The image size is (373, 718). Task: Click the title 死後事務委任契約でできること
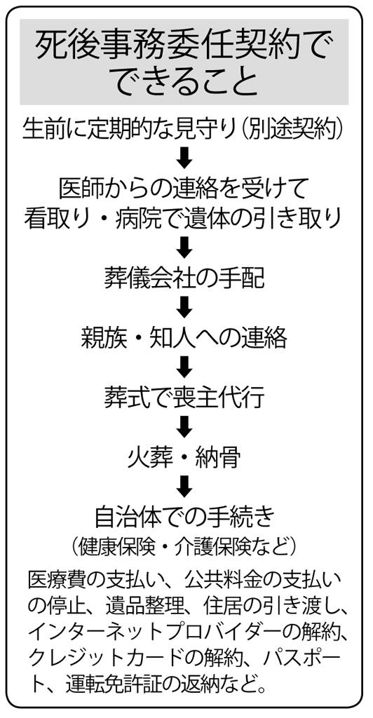point(184,62)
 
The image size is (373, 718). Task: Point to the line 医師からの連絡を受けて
point(184,187)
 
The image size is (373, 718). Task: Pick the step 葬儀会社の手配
point(184,278)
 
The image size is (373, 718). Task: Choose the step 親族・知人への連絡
point(184,338)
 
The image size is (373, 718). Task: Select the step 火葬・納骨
point(184,457)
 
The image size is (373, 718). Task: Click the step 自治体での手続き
point(184,517)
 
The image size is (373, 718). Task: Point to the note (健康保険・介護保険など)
point(184,546)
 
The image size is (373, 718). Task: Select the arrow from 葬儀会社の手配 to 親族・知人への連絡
point(184,308)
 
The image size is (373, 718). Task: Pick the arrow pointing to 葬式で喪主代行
point(184,367)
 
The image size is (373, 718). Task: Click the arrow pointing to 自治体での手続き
point(184,487)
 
